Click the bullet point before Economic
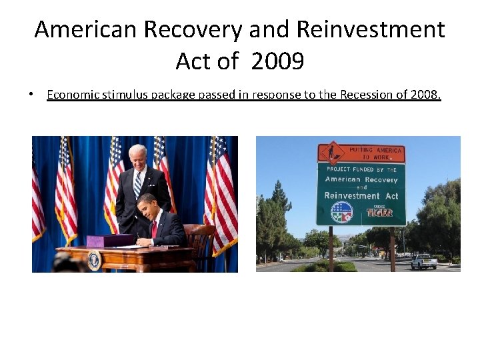[x=31, y=95]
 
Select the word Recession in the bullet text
[x=366, y=95]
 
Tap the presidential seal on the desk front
[x=94, y=261]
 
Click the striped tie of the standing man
[x=138, y=183]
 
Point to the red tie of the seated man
[x=154, y=229]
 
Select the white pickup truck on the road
[x=423, y=261]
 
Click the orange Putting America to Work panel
[x=361, y=153]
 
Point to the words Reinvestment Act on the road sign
[x=361, y=195]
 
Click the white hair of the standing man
[x=137, y=149]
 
